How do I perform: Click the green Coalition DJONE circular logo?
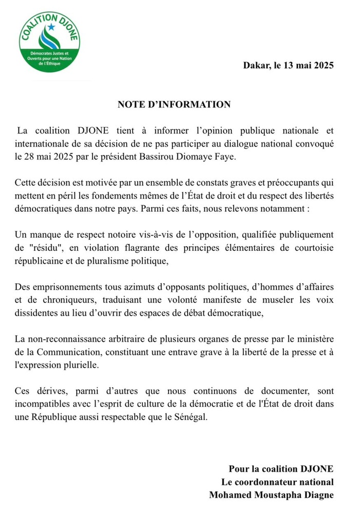[x=49, y=42]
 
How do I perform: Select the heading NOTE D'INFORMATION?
[x=174, y=104]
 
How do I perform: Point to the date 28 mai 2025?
[x=44, y=156]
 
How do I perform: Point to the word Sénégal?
[x=190, y=417]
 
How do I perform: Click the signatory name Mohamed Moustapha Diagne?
[x=271, y=495]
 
